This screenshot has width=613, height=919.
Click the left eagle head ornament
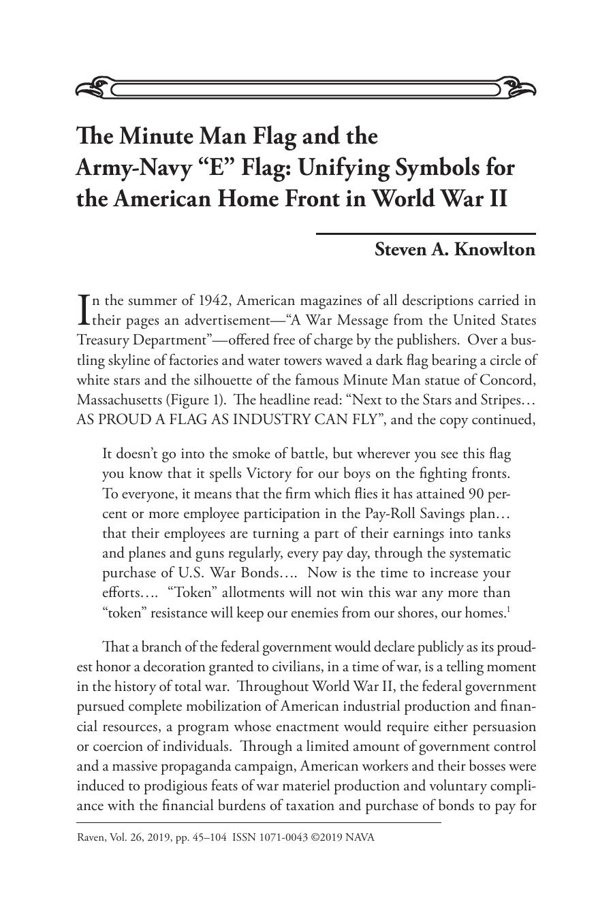tap(93, 88)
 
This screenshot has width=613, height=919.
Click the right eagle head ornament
tap(518, 88)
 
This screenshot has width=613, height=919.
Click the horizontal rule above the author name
tap(426, 233)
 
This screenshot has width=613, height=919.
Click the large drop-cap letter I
tap(84, 310)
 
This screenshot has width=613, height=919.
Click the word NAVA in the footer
tap(360, 837)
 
